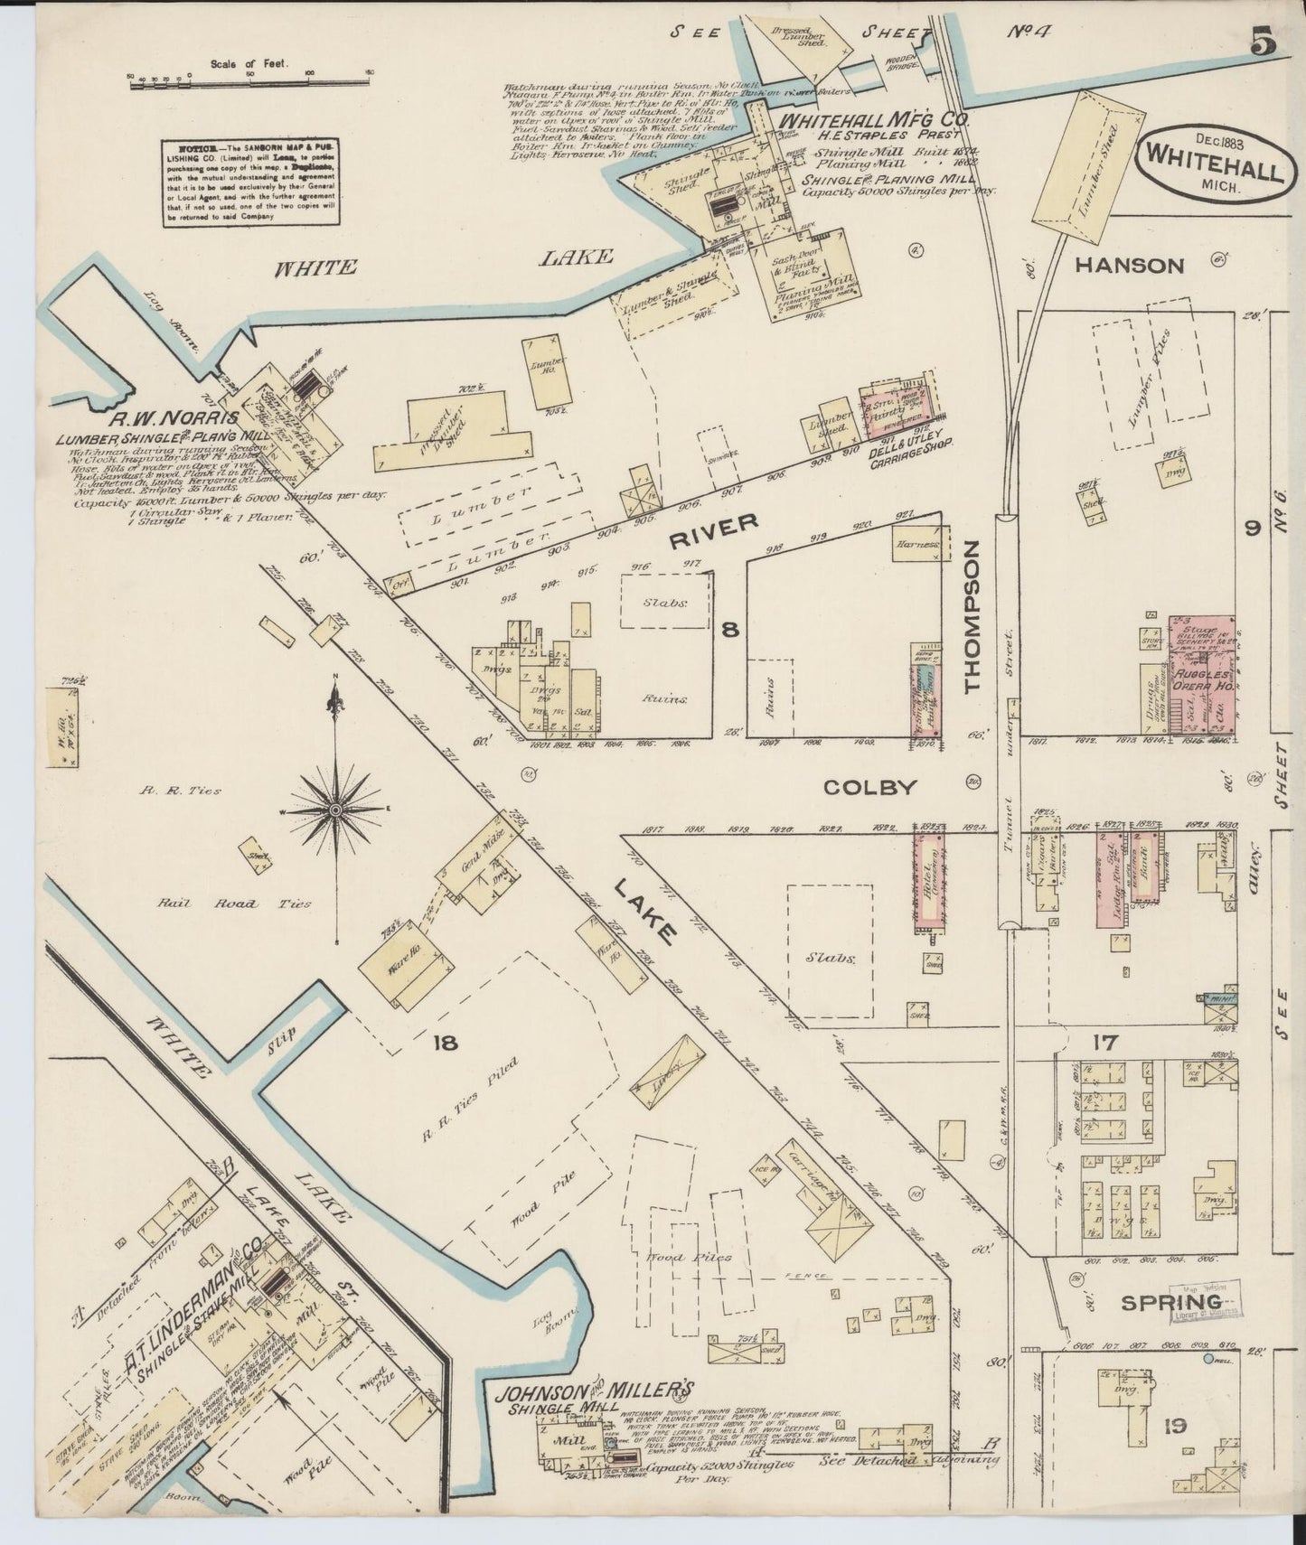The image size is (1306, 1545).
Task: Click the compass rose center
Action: pyautogui.click(x=335, y=810)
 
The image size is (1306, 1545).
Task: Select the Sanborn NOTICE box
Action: pyautogui.click(x=250, y=183)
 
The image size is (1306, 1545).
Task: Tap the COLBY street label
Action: pyautogui.click(x=869, y=787)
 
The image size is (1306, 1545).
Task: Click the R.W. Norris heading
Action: pyautogui.click(x=174, y=418)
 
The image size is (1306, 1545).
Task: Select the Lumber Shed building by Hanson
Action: pyautogui.click(x=1091, y=170)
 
